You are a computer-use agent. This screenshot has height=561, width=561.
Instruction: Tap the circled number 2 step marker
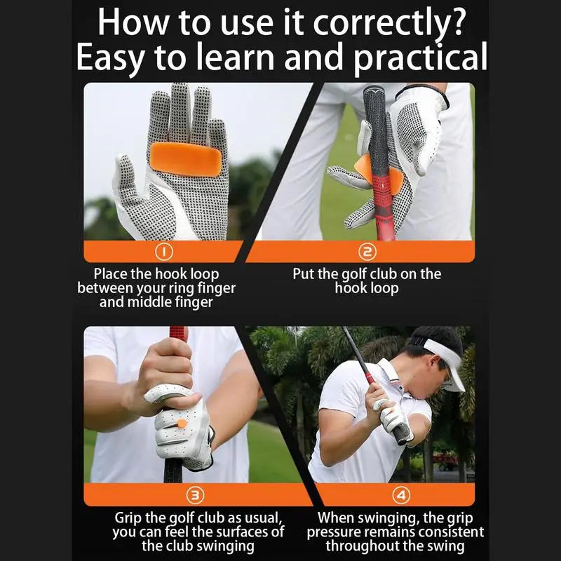coord(367,251)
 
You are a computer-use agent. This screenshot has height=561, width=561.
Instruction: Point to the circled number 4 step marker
coord(400,495)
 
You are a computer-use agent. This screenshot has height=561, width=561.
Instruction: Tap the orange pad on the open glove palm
coord(185,159)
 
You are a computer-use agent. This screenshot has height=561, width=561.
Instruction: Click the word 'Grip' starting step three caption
coord(131,518)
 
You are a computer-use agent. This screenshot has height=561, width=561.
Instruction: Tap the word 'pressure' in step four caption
coord(334,532)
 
